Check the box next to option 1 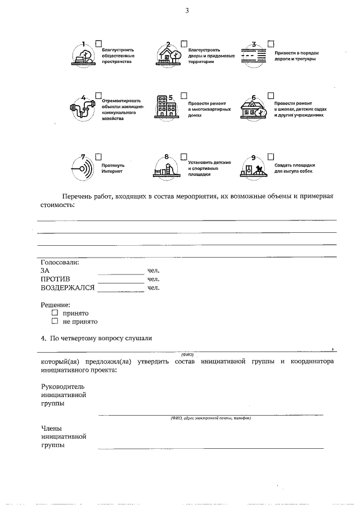tap(99, 43)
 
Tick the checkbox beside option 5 tap(184, 97)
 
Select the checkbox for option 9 tap(271, 156)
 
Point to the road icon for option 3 tap(253, 55)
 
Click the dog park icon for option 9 tap(254, 169)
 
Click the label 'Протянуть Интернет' tap(113, 168)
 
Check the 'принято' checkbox tap(55, 313)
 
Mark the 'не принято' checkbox tap(55, 322)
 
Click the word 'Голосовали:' tap(60, 262)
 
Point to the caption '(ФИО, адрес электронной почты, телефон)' tap(210, 418)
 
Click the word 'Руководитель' tap(62, 387)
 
